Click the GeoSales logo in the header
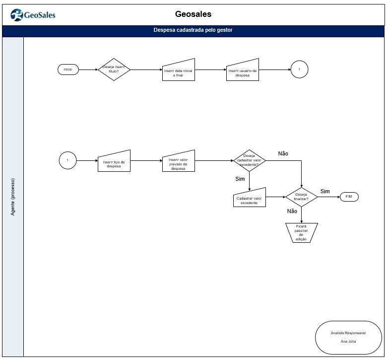(33, 15)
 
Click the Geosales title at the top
(194, 14)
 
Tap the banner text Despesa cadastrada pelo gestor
(193, 30)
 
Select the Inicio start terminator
(68, 70)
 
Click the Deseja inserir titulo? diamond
(114, 70)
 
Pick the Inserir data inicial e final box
(179, 70)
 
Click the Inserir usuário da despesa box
(243, 70)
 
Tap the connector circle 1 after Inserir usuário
(299, 70)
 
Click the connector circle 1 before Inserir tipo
(68, 160)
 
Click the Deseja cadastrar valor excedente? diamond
(250, 160)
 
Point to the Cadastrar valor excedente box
(250, 198)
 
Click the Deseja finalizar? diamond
(301, 197)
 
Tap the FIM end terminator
(349, 197)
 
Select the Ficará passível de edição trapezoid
(301, 233)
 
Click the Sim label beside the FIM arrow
(325, 191)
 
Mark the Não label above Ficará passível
(292, 211)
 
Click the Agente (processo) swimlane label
(13, 197)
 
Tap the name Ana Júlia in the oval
(348, 342)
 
